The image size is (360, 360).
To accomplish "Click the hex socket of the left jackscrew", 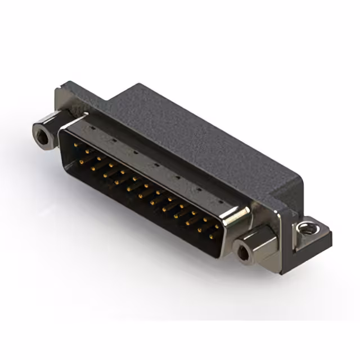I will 42,134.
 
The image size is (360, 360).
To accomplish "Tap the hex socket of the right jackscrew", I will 243,253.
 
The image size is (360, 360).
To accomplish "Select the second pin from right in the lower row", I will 199,231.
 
